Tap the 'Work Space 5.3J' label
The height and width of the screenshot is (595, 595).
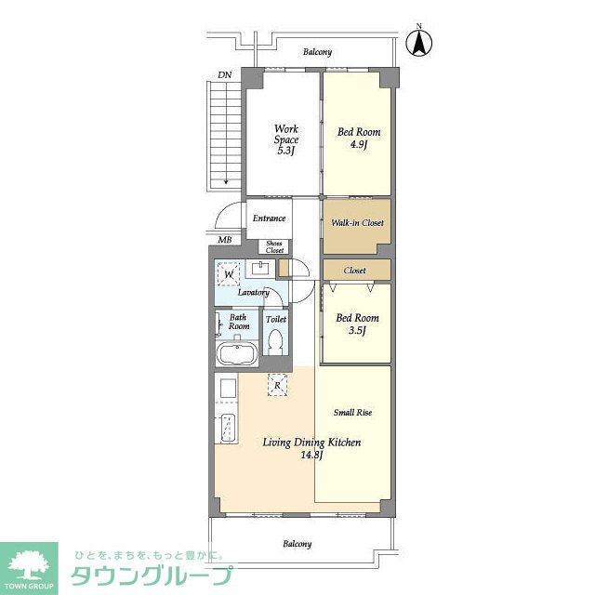pos(285,139)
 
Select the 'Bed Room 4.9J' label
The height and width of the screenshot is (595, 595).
pos(358,139)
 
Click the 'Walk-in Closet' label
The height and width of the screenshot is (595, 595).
pos(358,223)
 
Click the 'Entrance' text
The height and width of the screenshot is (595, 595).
pos(269,218)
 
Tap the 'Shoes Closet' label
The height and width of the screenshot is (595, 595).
pos(275,246)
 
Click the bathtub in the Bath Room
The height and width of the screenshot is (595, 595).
pos(236,355)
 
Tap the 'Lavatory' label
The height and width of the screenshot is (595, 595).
pos(253,293)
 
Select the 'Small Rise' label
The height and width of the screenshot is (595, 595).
pos(352,411)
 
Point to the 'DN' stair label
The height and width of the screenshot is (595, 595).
pos(225,73)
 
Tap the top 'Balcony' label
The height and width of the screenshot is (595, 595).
pos(317,52)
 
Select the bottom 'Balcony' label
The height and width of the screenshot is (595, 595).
pos(297,544)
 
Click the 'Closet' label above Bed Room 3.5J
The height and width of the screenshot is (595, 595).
pos(354,271)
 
